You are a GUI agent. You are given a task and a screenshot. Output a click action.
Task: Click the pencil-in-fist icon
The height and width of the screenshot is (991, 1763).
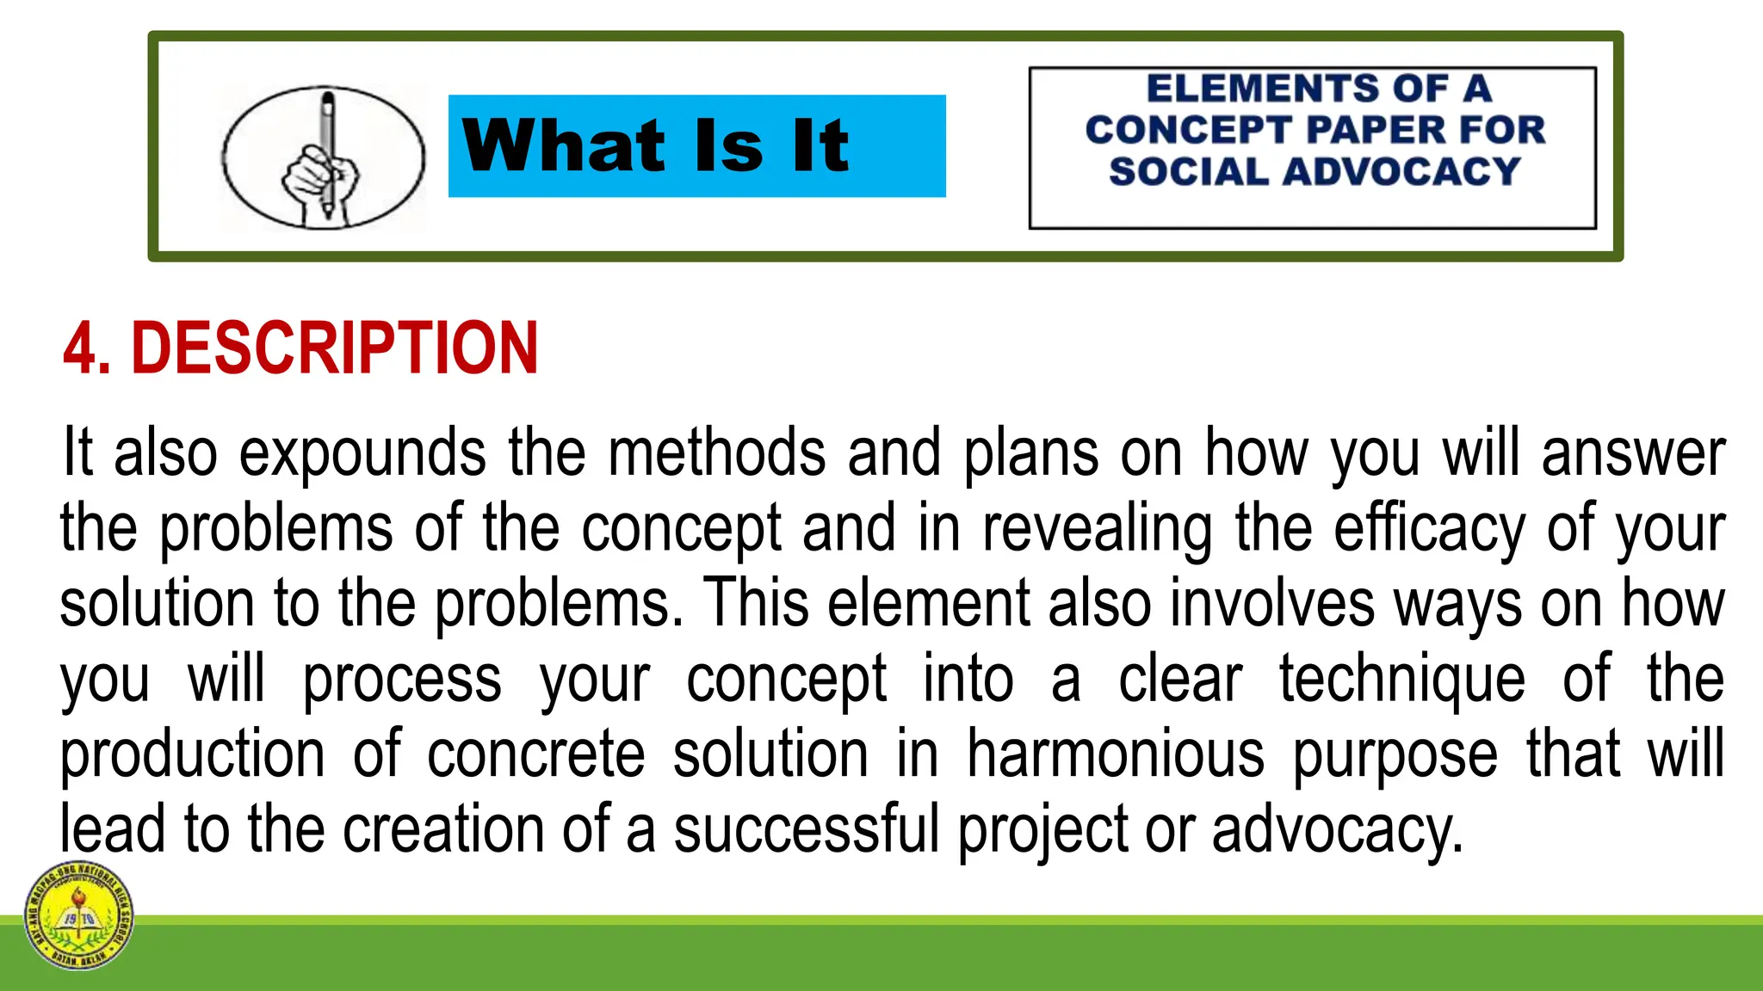click(x=323, y=157)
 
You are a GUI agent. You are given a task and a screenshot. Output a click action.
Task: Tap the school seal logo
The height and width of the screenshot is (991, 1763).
click(x=78, y=915)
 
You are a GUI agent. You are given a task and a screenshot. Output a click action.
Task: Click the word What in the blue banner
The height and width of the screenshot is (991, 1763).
click(x=563, y=145)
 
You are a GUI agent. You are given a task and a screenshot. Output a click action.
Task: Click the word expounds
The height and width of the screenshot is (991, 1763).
click(x=362, y=453)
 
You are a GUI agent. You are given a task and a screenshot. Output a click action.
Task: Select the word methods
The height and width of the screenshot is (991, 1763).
click(x=716, y=453)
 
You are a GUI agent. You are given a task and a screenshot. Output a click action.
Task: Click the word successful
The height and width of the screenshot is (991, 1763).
click(x=806, y=829)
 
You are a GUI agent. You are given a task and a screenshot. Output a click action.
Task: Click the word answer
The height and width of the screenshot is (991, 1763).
click(x=1633, y=453)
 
